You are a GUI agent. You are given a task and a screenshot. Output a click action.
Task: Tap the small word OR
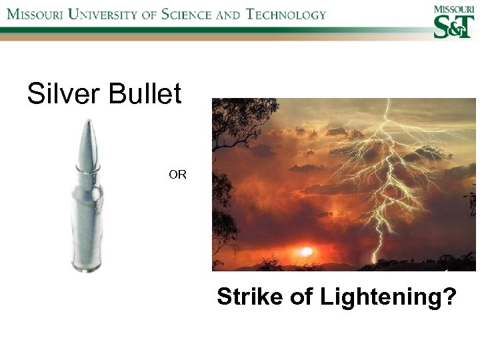[177, 175]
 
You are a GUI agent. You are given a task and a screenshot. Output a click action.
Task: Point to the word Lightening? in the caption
[389, 297]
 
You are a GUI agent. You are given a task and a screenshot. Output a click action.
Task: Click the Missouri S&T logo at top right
[454, 22]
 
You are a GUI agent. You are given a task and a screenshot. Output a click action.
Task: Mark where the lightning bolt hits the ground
[374, 261]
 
